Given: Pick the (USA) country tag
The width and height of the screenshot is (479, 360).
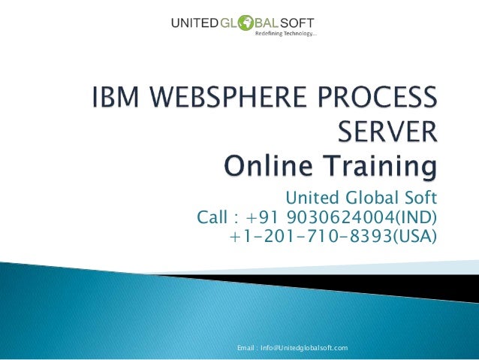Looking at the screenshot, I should coord(415,237).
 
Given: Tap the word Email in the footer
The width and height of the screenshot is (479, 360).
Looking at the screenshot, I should coord(246,347).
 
